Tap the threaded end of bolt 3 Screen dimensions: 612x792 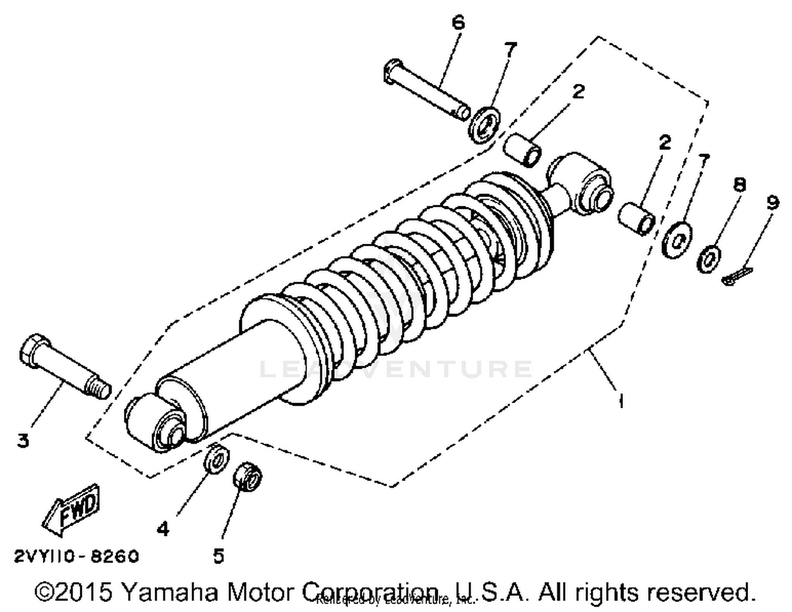click(99, 389)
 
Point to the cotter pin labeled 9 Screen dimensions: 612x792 click(737, 276)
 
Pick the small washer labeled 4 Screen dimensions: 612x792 click(216, 459)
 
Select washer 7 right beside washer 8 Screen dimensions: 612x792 click(677, 240)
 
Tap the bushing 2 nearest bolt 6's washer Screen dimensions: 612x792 click(524, 149)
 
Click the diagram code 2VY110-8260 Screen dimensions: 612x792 click(76, 557)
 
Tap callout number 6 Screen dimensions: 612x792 click(458, 22)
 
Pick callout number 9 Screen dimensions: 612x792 click(772, 202)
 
